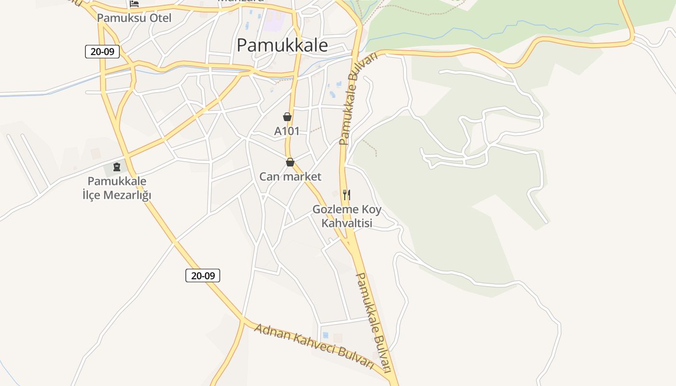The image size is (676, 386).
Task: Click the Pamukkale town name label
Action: coord(282,45)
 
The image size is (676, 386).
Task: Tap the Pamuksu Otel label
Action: coord(134,18)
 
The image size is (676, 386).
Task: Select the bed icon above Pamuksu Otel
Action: coord(134,4)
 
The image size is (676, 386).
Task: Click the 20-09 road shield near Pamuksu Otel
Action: coord(102,52)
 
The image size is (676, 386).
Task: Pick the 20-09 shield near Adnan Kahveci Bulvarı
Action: coord(203,276)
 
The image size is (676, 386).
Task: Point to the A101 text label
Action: coord(287,131)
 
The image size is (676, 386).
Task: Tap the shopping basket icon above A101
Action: coord(287,117)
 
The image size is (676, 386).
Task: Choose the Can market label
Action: coord(290,177)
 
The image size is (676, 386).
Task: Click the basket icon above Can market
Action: coord(290,162)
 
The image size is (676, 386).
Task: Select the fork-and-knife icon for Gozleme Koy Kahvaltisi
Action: coord(347,195)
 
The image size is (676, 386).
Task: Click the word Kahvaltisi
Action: coord(347,223)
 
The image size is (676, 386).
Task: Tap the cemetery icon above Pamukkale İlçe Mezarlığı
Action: coord(116,167)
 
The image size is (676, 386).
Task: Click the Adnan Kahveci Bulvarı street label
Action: coord(314,345)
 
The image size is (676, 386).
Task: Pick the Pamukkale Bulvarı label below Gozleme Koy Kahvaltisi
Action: coord(373,322)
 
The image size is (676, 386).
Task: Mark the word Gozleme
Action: coord(333,210)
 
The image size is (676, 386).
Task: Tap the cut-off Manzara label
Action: coord(241,1)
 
